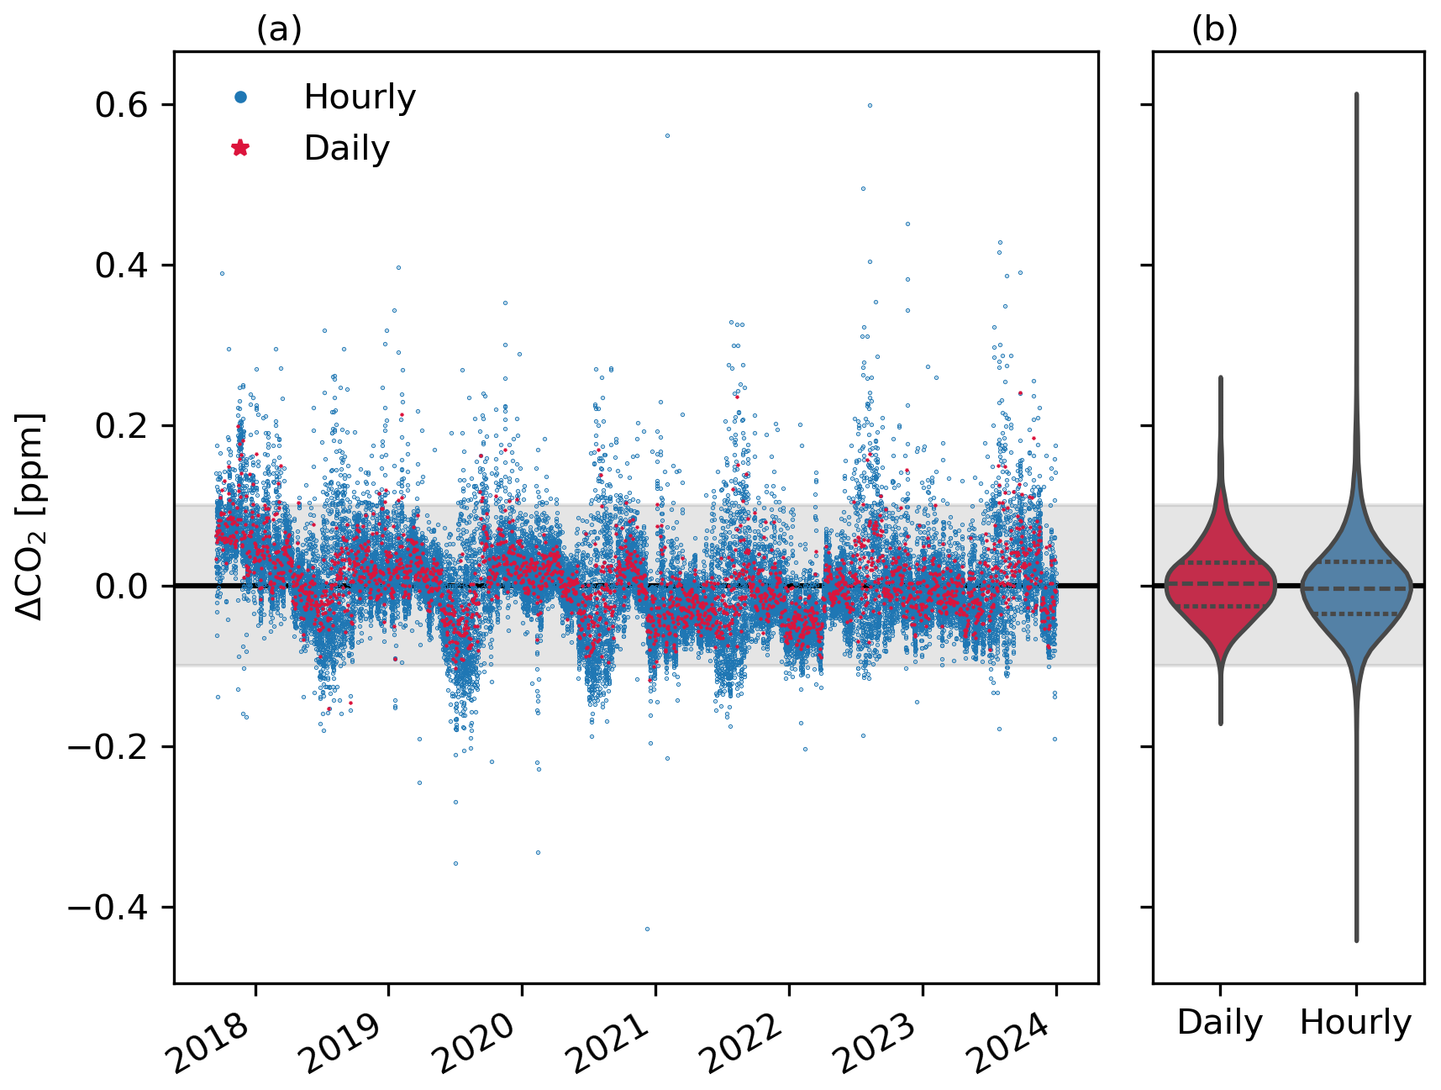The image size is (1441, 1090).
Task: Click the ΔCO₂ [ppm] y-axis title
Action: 30,517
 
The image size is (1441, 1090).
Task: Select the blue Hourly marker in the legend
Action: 240,97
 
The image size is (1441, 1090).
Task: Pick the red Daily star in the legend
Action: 240,149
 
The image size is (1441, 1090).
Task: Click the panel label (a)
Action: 279,30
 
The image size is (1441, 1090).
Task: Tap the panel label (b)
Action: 1214,30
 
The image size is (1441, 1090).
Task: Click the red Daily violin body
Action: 1220,588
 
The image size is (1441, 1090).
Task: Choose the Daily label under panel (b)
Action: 1220,1023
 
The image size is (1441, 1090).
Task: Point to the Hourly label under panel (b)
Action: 1355,1023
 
